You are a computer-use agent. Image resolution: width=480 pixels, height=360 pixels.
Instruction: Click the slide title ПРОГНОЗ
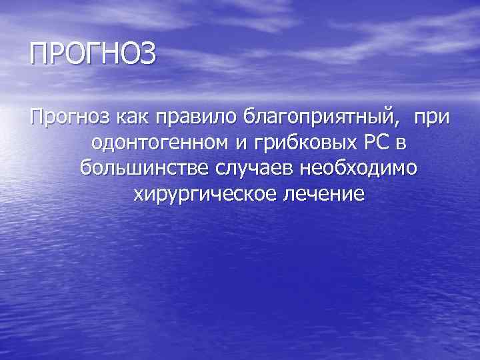tap(93, 53)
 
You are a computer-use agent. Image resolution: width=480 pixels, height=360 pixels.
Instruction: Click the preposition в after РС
tap(411, 144)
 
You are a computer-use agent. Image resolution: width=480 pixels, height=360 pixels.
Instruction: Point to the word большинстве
tap(143, 169)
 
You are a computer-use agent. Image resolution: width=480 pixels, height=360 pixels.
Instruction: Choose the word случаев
tap(255, 169)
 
